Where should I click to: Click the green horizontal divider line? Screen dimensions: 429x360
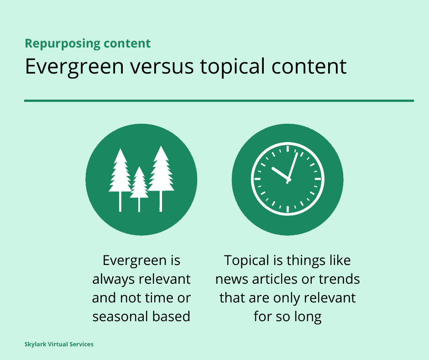[219, 101]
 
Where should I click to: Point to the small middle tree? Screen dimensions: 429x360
[139, 184]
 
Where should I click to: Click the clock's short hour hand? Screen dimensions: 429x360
[281, 174]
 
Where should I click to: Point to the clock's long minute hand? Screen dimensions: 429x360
[292, 167]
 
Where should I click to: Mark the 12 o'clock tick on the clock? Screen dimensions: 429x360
[288, 149]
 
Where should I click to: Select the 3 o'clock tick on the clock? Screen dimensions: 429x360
[318, 179]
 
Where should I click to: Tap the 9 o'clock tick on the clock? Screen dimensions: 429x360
[257, 179]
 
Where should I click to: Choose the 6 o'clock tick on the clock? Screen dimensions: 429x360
[288, 209]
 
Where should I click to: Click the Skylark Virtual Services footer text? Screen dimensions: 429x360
[59, 344]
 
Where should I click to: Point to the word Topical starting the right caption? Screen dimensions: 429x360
[247, 260]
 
